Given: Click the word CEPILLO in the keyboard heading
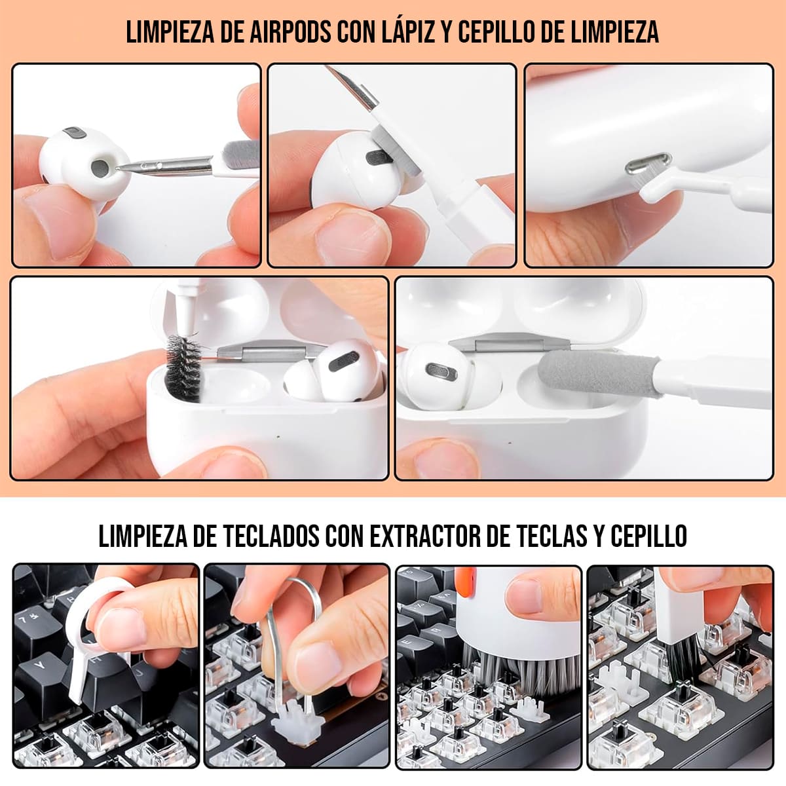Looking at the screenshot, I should [x=648, y=536].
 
